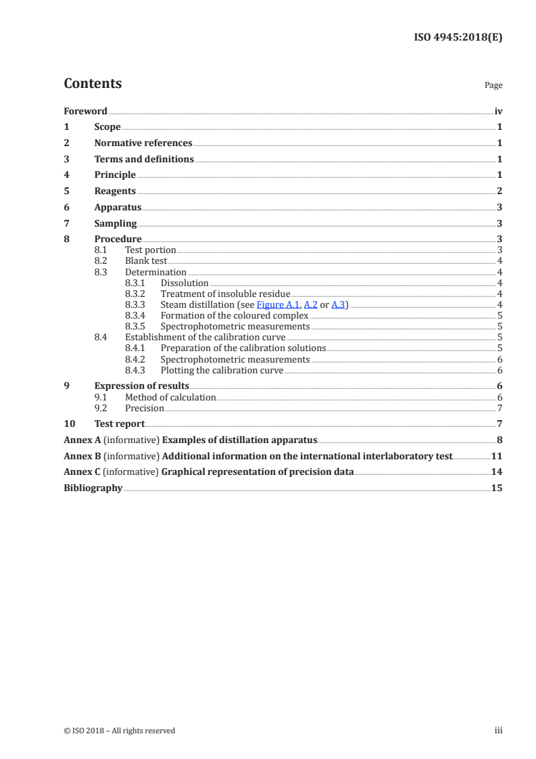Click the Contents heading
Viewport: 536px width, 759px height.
(x=93, y=84)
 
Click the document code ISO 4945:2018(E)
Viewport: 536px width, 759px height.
(x=458, y=37)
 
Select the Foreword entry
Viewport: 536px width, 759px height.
(x=85, y=111)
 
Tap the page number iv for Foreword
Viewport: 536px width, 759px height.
(x=498, y=111)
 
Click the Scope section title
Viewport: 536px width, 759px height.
(x=107, y=127)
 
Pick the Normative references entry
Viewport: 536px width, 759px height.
(x=143, y=143)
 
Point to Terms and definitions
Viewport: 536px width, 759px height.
(x=144, y=160)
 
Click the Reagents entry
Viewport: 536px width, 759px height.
(x=115, y=191)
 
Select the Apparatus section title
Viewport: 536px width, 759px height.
(x=118, y=208)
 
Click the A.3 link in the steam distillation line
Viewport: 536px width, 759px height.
(x=338, y=305)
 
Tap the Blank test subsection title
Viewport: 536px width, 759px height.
(x=146, y=261)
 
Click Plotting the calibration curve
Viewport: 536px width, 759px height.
(x=222, y=371)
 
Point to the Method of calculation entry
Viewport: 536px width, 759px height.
(x=170, y=398)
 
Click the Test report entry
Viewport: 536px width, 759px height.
(x=120, y=424)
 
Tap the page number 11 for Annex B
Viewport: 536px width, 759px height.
(x=497, y=457)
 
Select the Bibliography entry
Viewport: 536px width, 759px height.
(x=93, y=488)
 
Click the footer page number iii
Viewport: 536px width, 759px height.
(x=498, y=731)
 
